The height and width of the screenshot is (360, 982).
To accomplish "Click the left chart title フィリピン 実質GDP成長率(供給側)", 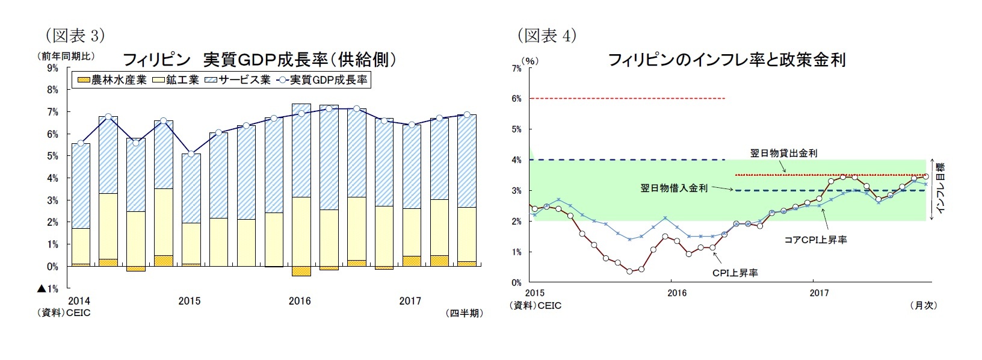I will (x=259, y=59).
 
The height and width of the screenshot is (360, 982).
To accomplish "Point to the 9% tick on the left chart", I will (x=52, y=68).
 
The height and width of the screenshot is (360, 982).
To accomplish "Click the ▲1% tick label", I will (x=48, y=289).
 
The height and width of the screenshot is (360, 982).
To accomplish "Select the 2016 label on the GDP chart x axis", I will (x=300, y=301).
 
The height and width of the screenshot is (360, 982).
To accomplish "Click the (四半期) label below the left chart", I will (x=464, y=313).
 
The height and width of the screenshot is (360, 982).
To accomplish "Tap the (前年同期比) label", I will (x=67, y=57).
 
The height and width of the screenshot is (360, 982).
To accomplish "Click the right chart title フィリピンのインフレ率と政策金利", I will (x=727, y=60).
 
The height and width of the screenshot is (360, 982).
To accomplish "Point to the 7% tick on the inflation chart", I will (x=516, y=69).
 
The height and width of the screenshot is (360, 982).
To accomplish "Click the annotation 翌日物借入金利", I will (x=674, y=188).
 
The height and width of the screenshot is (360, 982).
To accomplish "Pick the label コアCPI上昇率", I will (x=815, y=240).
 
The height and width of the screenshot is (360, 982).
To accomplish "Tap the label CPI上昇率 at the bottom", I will (x=735, y=273).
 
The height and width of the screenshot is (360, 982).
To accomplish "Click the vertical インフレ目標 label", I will (x=940, y=188).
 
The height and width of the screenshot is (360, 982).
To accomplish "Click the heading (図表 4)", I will (x=547, y=36).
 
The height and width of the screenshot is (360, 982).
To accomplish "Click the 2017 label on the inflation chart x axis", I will (x=819, y=293).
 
